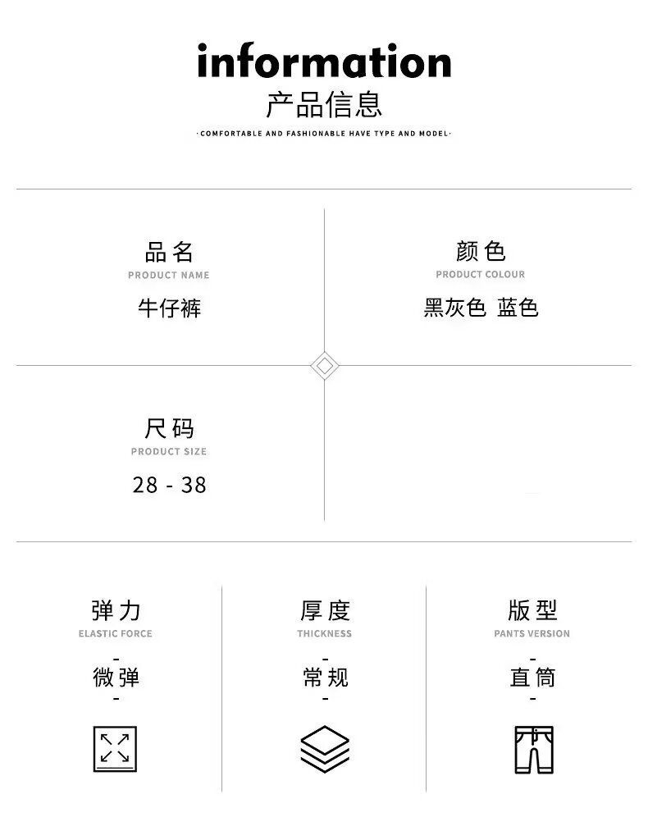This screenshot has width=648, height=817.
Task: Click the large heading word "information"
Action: point(324,62)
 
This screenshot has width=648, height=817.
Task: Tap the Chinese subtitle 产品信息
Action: point(324,106)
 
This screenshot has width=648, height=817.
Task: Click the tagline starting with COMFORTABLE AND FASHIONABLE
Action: point(324,133)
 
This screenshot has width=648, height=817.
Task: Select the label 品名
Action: point(169,251)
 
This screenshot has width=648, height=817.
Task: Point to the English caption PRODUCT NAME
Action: point(169,275)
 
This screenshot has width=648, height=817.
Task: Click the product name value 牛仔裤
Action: point(169,308)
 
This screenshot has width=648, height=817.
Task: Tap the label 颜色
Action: point(481,251)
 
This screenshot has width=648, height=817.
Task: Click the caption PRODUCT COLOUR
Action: point(481,275)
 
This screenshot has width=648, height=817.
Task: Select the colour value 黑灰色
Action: point(455,308)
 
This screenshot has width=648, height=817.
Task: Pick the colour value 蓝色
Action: point(518,308)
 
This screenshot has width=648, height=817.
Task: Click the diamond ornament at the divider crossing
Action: point(325,365)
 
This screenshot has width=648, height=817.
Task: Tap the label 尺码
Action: point(169,428)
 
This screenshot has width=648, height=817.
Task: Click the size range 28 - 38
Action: point(169,485)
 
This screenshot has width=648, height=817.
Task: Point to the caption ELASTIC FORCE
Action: point(116,633)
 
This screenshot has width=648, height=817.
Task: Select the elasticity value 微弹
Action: point(116,678)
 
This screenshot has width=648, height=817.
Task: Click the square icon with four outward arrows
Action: point(115,749)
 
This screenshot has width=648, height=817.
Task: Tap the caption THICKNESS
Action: point(325,633)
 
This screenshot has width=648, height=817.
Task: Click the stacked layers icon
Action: point(325,749)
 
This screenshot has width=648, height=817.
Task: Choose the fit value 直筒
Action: point(532,678)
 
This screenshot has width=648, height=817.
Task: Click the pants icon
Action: point(533,749)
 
